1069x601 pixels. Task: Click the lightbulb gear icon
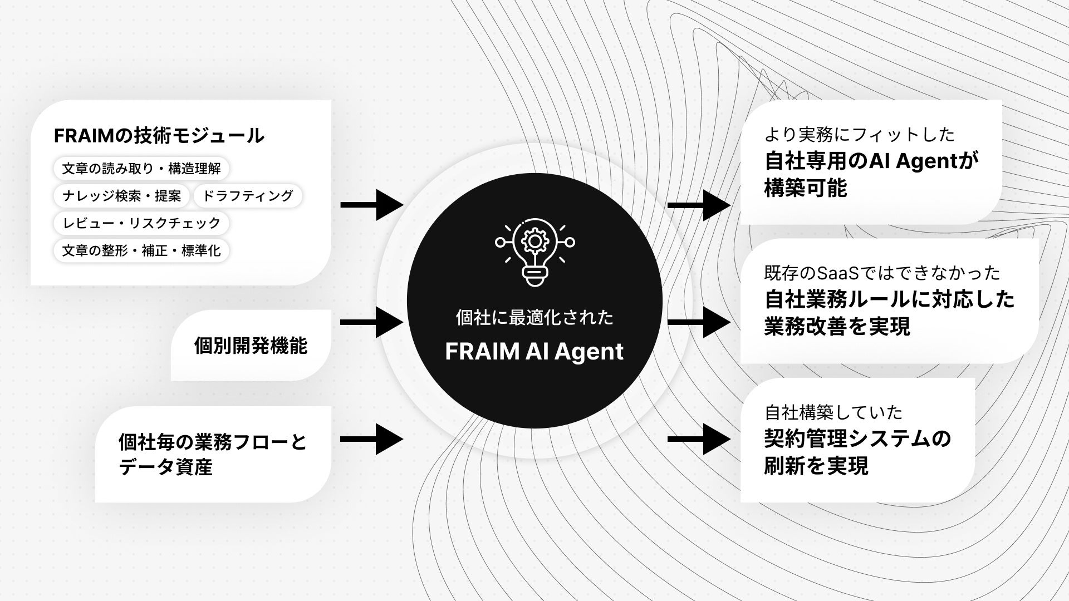[x=534, y=252]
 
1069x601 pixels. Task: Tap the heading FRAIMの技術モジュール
[x=159, y=135]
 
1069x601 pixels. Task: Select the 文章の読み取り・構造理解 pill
[x=141, y=168]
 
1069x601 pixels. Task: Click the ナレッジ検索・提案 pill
[x=121, y=196]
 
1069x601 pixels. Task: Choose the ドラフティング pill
[x=247, y=196]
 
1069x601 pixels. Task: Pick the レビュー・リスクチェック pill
[x=141, y=223]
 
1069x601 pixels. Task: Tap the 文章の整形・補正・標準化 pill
[x=141, y=250]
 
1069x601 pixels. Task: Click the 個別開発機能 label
[x=251, y=346]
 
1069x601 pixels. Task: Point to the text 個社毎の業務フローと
[x=213, y=442]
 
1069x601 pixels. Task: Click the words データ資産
[x=165, y=467]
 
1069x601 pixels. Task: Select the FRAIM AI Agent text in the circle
[x=534, y=352]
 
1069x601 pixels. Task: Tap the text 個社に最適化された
[x=534, y=318]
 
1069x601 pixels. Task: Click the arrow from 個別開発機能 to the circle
[x=371, y=322]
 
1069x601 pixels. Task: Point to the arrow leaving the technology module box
[x=371, y=205]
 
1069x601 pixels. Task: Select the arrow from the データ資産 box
[x=371, y=439]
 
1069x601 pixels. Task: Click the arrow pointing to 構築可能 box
[x=698, y=205]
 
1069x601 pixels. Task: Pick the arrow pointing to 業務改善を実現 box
[x=698, y=322]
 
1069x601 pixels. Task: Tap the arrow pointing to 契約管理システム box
[x=698, y=439]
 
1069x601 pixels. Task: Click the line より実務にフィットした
[x=860, y=134]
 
